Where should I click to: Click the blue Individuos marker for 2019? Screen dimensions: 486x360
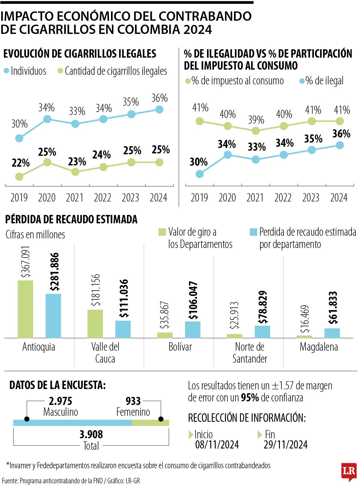19,138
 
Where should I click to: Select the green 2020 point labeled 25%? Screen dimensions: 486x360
47,162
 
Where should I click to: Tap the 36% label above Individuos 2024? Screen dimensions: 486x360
159,98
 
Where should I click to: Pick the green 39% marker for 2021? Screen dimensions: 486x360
256,131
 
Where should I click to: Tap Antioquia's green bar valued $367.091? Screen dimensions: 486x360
25,309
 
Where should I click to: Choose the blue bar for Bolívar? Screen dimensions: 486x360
193,330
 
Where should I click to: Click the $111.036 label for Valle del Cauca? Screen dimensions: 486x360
124,298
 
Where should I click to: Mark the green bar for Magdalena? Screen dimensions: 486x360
304,337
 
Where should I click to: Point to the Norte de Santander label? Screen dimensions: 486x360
250,353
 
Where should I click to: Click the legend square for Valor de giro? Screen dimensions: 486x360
162,232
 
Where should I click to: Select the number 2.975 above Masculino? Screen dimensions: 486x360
61,401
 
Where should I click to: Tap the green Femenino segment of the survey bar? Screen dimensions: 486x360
151,423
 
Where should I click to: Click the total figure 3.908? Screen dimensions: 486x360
91,434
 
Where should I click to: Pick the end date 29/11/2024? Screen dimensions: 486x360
286,445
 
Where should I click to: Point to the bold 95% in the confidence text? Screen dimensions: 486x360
250,398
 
